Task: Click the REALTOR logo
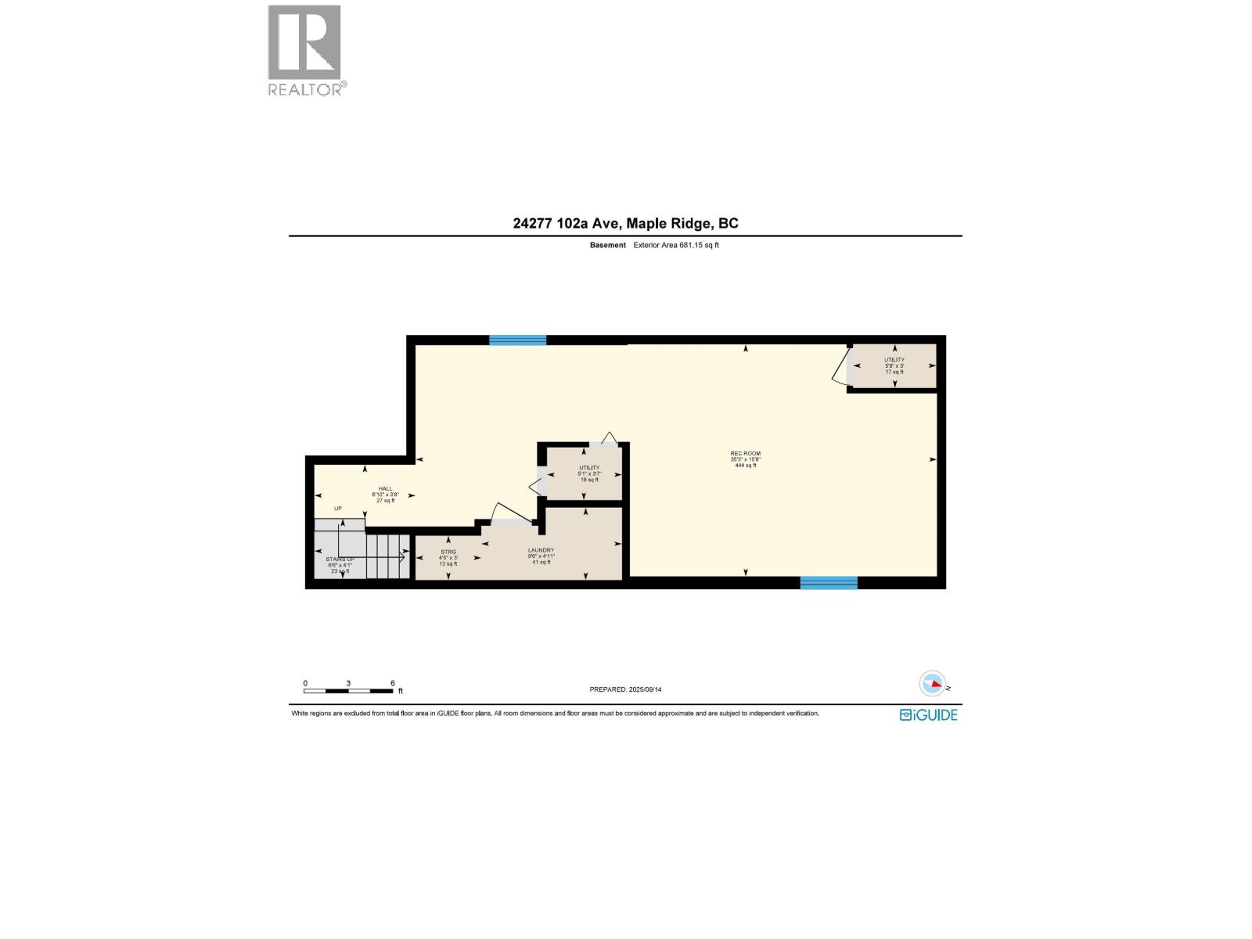tap(305, 50)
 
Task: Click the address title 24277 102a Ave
tap(625, 223)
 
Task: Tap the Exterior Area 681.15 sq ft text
tap(675, 245)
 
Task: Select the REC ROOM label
tap(745, 454)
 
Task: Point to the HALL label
tap(385, 489)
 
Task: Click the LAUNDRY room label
tap(541, 550)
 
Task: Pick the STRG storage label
tap(448, 552)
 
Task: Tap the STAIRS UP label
tap(340, 559)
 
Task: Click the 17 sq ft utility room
tap(894, 365)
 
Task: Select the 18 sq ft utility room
tap(588, 473)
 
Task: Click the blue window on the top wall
tap(517, 340)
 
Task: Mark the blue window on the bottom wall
tap(829, 582)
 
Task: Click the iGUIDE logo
tap(929, 714)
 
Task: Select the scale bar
tap(348, 691)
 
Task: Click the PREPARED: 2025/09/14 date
tap(625, 689)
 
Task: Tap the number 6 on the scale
tap(392, 683)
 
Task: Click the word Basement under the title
tap(608, 245)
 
